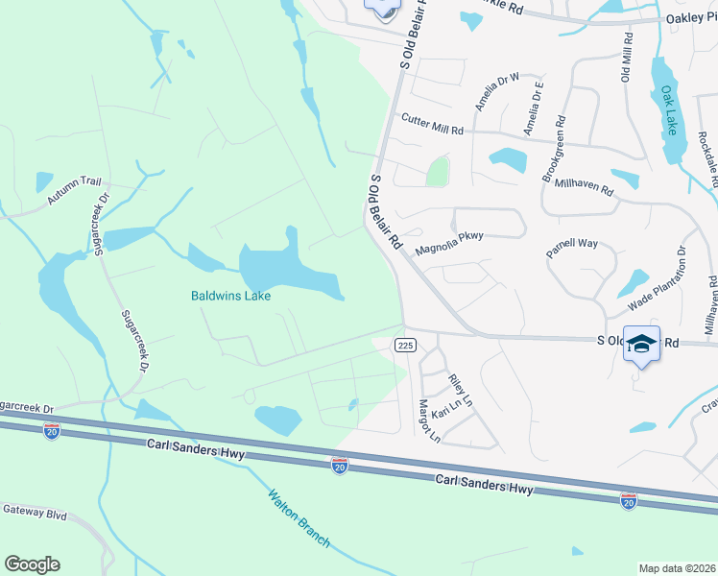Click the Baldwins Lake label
click(229, 297)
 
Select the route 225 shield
click(404, 345)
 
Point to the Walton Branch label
click(299, 519)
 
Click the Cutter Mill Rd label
click(432, 124)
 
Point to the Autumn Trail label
click(74, 190)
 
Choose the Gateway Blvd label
click(35, 515)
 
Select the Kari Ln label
click(445, 411)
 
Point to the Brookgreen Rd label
click(554, 151)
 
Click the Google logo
click(32, 564)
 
